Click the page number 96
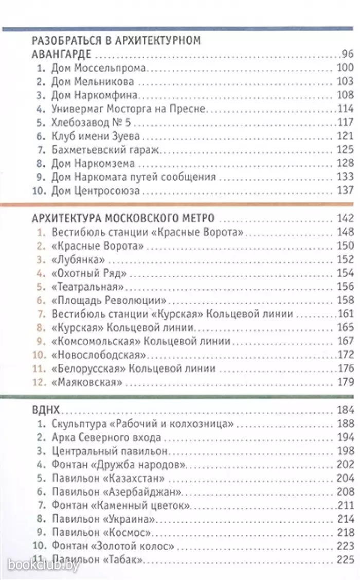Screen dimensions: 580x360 tap(347, 54)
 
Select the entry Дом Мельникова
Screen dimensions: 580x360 tap(93, 81)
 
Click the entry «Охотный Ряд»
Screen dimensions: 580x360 tap(88, 273)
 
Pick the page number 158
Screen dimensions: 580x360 tap(345, 300)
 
